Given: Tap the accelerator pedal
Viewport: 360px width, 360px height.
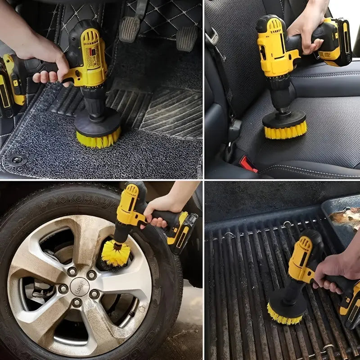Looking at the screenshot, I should (x=187, y=38).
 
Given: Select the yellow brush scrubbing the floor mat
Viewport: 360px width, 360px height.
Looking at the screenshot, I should (x=98, y=137).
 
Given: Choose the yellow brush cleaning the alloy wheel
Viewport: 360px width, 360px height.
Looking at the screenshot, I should (x=115, y=252).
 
